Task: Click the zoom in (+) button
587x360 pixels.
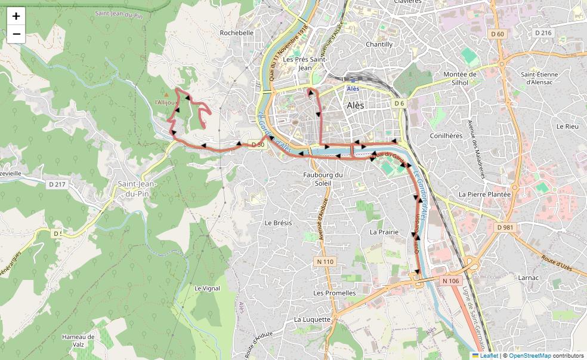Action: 16,16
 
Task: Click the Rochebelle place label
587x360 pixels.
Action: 237,33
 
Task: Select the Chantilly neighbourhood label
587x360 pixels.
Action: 379,44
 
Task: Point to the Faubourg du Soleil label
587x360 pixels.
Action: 323,179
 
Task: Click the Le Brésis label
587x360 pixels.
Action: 278,223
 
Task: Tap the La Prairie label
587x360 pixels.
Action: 384,232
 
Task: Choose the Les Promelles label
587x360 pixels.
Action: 334,293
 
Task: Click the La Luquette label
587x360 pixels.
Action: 312,319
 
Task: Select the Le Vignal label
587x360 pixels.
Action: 207,288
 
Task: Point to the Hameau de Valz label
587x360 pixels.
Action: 78,340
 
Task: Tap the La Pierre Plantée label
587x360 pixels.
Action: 484,195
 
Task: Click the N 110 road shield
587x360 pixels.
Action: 325,261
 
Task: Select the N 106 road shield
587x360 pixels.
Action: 451,281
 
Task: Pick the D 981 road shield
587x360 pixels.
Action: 505,227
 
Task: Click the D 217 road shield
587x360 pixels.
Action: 56,184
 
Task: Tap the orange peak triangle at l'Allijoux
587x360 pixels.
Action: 166,95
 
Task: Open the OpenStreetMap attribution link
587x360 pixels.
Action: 530,356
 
